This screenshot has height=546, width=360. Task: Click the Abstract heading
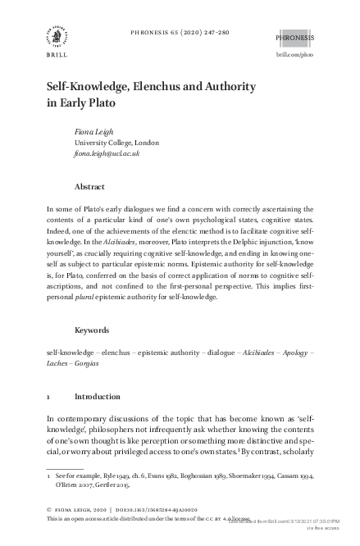click(89, 186)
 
